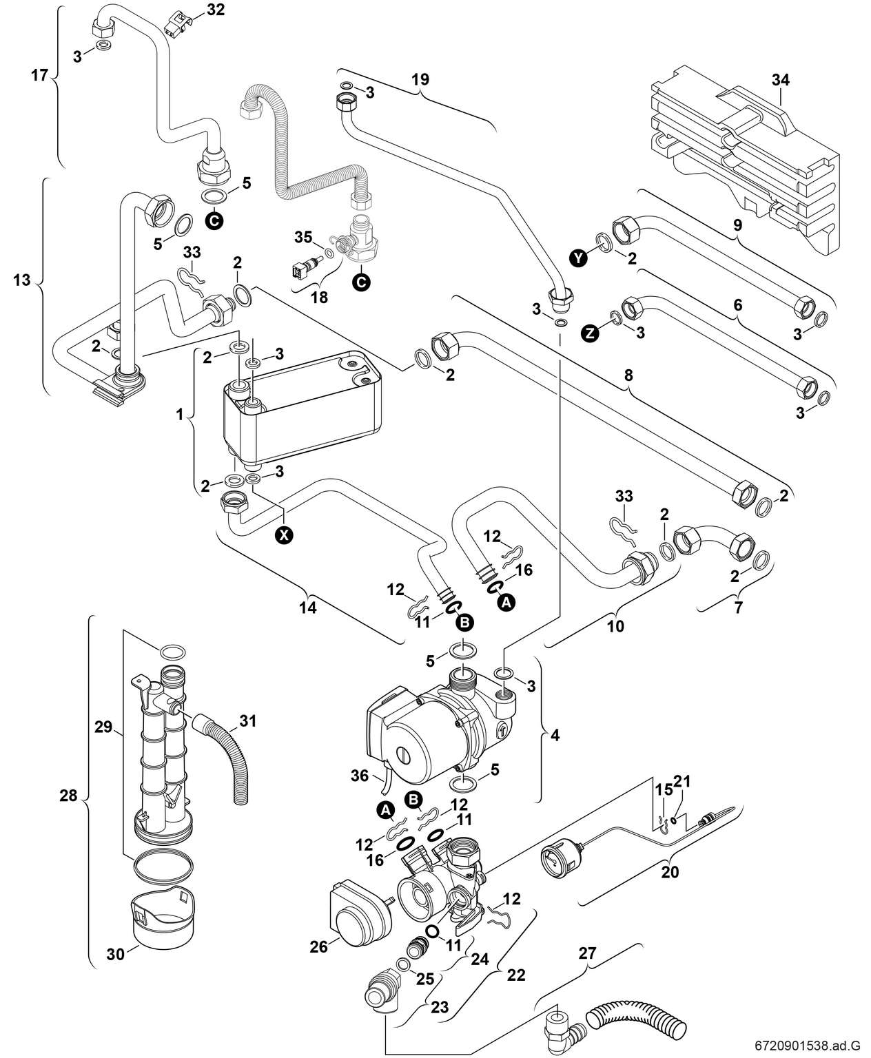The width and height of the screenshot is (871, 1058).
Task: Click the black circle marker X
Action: (x=283, y=534)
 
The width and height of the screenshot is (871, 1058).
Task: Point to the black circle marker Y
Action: (x=580, y=257)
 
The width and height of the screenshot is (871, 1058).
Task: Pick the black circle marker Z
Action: (x=588, y=333)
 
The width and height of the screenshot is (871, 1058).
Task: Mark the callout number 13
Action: (x=23, y=280)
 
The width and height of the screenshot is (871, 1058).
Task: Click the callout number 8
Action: (x=628, y=376)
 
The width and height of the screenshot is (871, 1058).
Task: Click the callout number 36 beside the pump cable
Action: (x=360, y=776)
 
